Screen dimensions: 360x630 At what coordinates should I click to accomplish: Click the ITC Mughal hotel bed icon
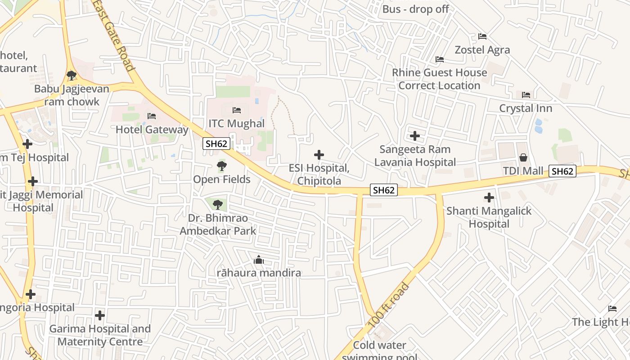pos(237,110)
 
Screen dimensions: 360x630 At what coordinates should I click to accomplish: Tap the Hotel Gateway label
pos(152,130)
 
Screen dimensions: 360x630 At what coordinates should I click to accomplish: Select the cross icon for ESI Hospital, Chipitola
pos(319,155)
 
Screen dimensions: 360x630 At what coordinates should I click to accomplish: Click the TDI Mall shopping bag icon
pos(523,157)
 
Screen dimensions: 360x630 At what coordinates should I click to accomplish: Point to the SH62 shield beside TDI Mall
pos(562,171)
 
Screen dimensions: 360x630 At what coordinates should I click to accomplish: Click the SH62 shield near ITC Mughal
pos(217,144)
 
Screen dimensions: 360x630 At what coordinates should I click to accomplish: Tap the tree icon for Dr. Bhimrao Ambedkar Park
pos(218,205)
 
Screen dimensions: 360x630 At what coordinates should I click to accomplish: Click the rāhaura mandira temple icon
pos(259,260)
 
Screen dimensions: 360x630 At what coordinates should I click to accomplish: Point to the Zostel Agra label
pos(482,49)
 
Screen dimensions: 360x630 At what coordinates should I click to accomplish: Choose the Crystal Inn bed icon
pos(526,95)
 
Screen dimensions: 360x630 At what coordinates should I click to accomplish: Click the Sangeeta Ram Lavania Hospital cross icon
pos(415,136)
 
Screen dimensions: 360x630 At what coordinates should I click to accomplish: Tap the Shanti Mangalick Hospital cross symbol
pos(489,198)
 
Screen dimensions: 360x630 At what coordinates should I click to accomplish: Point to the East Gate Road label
pos(114,35)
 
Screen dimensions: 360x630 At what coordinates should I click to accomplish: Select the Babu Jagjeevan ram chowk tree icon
pos(71,76)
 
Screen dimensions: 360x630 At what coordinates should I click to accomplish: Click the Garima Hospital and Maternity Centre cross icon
pos(100,315)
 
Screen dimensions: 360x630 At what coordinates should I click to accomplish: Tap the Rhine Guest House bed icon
pos(440,59)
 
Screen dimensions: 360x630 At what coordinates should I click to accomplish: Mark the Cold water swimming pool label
pos(380,346)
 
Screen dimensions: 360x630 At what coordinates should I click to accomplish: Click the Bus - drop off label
pos(415,9)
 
